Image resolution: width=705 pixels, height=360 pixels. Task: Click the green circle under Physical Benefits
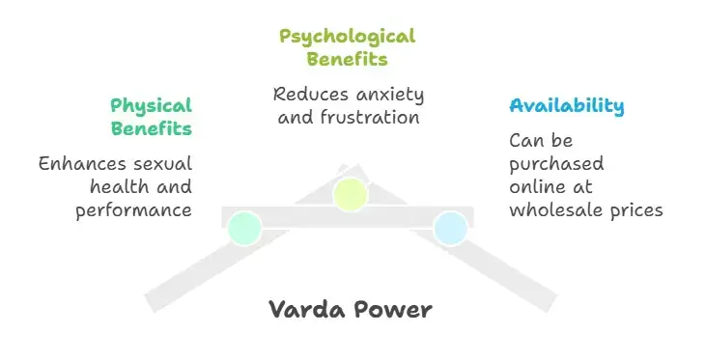tap(245, 228)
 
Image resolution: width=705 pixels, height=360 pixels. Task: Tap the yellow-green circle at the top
tap(351, 193)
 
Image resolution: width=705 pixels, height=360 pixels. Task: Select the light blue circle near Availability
tap(450, 228)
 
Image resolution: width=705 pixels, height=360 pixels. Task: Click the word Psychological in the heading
tap(348, 37)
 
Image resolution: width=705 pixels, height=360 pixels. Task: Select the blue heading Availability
tap(567, 105)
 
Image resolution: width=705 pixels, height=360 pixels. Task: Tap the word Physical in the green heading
tap(151, 105)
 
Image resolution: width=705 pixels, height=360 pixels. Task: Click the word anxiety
tap(386, 95)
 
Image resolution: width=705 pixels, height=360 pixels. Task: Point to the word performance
tap(133, 209)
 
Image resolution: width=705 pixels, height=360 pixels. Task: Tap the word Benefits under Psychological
tap(348, 59)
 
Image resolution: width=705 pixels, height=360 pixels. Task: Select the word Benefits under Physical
tap(151, 128)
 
